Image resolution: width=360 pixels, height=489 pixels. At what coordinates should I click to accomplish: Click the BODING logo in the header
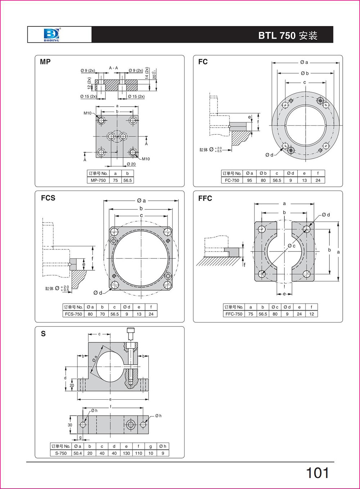pos(51,35)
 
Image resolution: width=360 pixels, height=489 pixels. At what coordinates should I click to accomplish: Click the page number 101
pos(317,473)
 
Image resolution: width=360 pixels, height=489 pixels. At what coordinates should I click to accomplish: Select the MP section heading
pos(45,62)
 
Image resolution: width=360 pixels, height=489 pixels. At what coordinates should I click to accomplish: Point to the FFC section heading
pos(205,198)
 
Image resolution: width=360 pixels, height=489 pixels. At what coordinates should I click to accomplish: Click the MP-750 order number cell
pos(98,180)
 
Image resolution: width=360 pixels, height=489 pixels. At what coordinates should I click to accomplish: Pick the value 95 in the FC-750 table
pos(249,180)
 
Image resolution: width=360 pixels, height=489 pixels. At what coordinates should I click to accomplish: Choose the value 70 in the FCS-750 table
pos(102,314)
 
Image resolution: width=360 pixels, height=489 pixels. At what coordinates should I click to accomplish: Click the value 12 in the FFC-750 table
pos(311,314)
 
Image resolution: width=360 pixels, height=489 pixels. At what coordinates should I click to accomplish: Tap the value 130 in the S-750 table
pos(126,453)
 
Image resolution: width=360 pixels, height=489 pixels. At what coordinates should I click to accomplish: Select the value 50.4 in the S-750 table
pos(78,453)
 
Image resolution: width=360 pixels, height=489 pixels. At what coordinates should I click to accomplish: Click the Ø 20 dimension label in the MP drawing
pos(131,164)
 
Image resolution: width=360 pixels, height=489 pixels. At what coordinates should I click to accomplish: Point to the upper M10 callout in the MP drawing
pos(87,113)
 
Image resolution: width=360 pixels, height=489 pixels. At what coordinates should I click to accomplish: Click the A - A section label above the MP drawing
pos(113,68)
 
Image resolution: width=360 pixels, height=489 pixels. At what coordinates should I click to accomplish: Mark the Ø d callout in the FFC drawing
pos(326,215)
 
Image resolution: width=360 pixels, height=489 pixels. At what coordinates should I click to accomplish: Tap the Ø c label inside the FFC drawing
pos(291,246)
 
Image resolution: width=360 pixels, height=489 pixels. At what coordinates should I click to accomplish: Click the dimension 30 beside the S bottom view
pos(70,425)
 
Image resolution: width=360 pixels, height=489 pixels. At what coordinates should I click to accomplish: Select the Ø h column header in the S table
pos(163,446)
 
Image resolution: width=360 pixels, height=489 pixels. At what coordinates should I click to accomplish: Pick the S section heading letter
pos(43,334)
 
